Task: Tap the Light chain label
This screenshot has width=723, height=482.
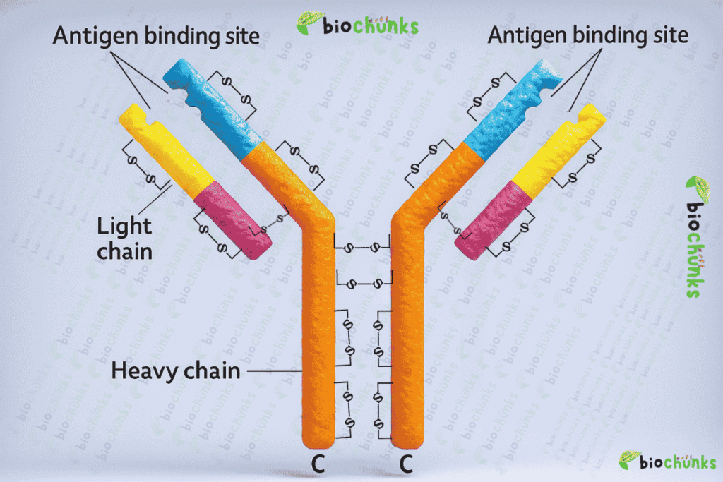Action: tap(124, 238)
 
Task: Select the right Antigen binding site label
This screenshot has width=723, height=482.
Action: tap(587, 36)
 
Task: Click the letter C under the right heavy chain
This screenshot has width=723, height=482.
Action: tap(405, 464)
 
